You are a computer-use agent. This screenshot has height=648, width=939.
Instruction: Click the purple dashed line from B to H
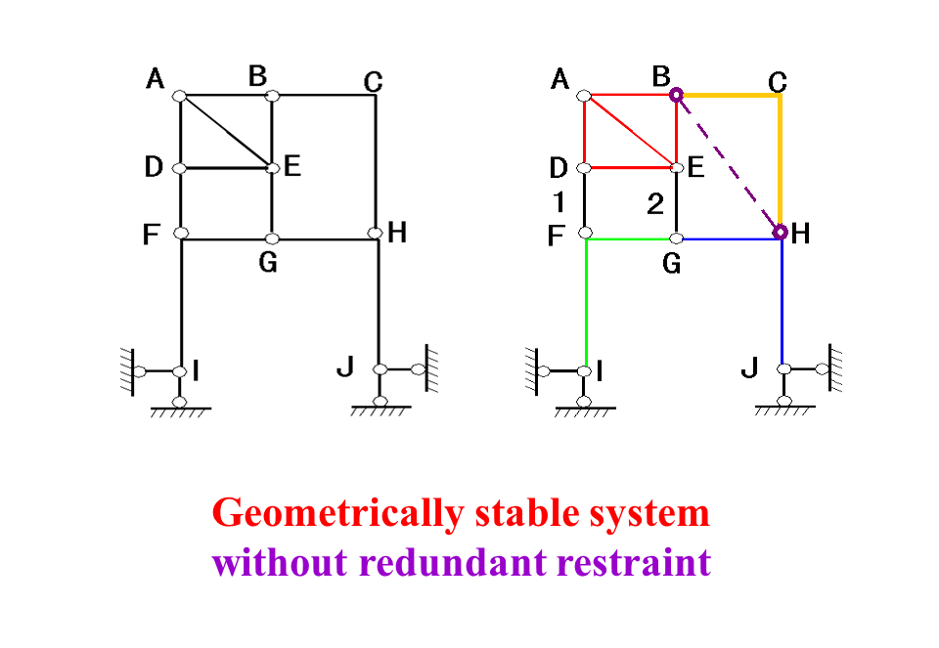tap(728, 164)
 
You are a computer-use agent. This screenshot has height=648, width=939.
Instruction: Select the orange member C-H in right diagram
tap(780, 161)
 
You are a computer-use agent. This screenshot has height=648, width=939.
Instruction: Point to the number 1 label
tap(558, 203)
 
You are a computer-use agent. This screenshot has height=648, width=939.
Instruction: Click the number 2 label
tap(655, 203)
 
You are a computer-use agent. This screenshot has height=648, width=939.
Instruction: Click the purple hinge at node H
tap(781, 233)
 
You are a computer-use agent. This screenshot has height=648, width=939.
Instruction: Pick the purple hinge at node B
tap(676, 96)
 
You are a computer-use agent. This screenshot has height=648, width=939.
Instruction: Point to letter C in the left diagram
tap(373, 82)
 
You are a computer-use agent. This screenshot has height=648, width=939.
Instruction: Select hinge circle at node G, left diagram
tap(273, 238)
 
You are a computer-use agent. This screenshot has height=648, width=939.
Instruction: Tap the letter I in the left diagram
tap(197, 370)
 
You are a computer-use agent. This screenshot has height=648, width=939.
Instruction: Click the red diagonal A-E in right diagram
tap(631, 131)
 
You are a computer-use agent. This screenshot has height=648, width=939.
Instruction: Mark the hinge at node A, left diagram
tap(180, 96)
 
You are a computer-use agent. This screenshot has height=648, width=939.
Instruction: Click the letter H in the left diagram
tap(397, 234)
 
